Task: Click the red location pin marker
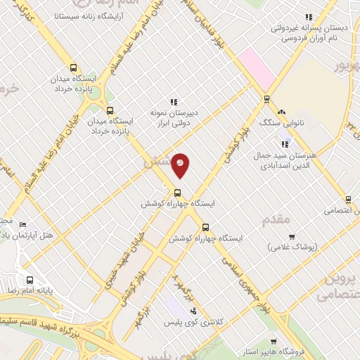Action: point(181,165)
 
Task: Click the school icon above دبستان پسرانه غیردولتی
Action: point(308,17)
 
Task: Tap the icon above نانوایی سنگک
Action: point(281,111)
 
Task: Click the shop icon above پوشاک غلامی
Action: point(292,236)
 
